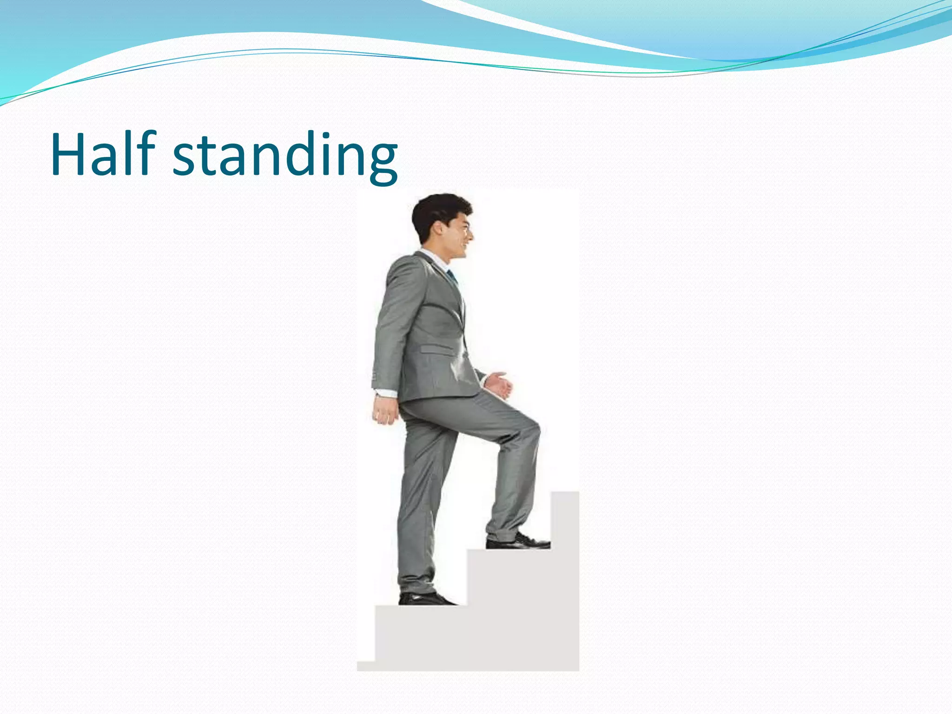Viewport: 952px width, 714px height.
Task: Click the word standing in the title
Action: [285, 156]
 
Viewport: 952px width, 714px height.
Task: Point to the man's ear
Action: [438, 228]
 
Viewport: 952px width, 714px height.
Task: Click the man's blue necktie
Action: [451, 277]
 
